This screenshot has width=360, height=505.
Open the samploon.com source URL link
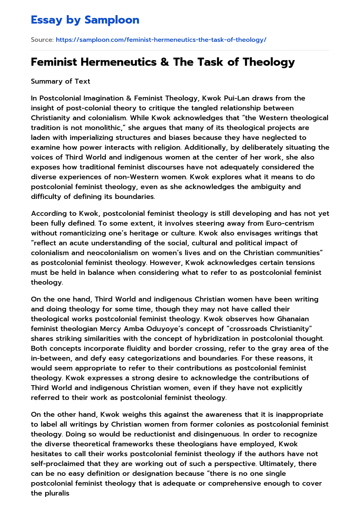[x=161, y=40]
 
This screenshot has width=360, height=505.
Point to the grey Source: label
[x=42, y=40]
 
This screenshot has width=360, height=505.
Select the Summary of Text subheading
[x=60, y=81]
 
